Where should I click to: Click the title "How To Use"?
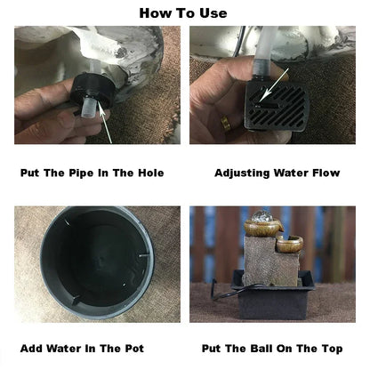183,13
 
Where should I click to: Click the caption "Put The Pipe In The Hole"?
92,173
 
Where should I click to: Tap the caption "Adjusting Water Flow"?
277,173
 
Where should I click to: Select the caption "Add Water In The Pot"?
82,349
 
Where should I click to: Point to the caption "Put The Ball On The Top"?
272,349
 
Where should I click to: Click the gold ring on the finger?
225,123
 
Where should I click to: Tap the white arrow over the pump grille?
275,84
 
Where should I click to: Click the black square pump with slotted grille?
277,107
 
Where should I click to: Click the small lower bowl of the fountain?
290,244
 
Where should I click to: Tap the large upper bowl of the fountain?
263,228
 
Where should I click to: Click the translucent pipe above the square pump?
265,53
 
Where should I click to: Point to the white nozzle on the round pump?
88,109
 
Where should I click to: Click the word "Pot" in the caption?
134,349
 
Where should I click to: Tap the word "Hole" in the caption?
151,173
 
